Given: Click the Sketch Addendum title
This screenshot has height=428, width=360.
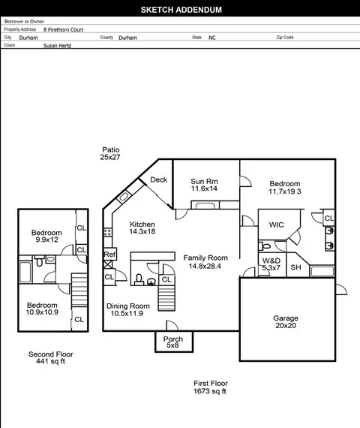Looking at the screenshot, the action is point(181,10).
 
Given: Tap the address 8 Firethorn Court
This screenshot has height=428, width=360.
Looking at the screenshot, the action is point(63,30).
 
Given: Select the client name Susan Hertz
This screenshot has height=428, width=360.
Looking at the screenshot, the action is point(57,46).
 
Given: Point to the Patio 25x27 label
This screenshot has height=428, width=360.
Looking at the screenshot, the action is point(110,153).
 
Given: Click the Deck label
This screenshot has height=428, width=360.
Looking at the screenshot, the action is point(159,179).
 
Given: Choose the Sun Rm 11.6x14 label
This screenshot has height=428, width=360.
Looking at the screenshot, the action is point(204,185).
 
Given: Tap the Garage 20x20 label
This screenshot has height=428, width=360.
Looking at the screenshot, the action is point(286,322).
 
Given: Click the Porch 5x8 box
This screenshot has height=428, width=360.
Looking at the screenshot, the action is point(174,342).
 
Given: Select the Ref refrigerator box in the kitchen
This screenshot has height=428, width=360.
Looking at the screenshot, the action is point(110,254).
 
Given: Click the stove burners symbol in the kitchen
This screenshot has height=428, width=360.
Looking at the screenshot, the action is point(107,233).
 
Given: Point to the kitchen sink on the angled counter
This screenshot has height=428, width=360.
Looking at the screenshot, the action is point(124,197).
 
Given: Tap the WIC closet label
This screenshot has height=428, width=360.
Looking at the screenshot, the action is point(276,225).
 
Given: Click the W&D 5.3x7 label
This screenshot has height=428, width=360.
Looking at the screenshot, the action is point(271,264).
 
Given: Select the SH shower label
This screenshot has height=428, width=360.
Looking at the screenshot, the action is point(296,267).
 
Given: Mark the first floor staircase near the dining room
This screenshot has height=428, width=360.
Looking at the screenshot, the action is point(166,297).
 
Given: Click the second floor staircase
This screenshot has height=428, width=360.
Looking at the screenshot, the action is point(79,291).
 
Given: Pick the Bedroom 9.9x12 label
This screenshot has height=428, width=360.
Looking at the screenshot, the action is point(46,236).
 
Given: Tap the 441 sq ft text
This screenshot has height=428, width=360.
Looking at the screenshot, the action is point(50,361).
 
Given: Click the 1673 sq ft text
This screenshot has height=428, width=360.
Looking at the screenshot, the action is point(210,391).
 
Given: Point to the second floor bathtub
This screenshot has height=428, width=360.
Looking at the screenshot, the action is point(25,272).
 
